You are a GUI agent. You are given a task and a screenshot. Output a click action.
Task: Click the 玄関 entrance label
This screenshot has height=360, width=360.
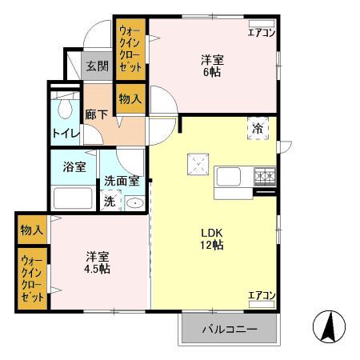[97, 66]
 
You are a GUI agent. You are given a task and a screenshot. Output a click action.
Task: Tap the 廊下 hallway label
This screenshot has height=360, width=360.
[97, 114]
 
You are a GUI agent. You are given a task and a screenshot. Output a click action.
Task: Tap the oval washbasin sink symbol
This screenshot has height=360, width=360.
[135, 202]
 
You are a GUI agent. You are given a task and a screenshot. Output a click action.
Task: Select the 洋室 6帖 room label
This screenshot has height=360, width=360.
[212, 64]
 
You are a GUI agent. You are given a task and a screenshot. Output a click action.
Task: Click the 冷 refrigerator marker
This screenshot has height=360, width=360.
[258, 128]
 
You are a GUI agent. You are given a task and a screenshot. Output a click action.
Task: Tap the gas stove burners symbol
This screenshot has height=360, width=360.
[265, 176]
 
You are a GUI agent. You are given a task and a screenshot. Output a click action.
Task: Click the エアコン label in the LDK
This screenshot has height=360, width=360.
[261, 296]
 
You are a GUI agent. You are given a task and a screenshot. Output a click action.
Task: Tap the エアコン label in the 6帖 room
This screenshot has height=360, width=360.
[261, 32]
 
